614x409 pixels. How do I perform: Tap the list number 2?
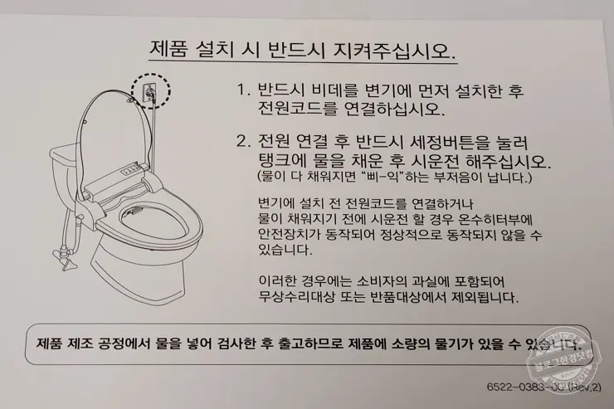[241, 140]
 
